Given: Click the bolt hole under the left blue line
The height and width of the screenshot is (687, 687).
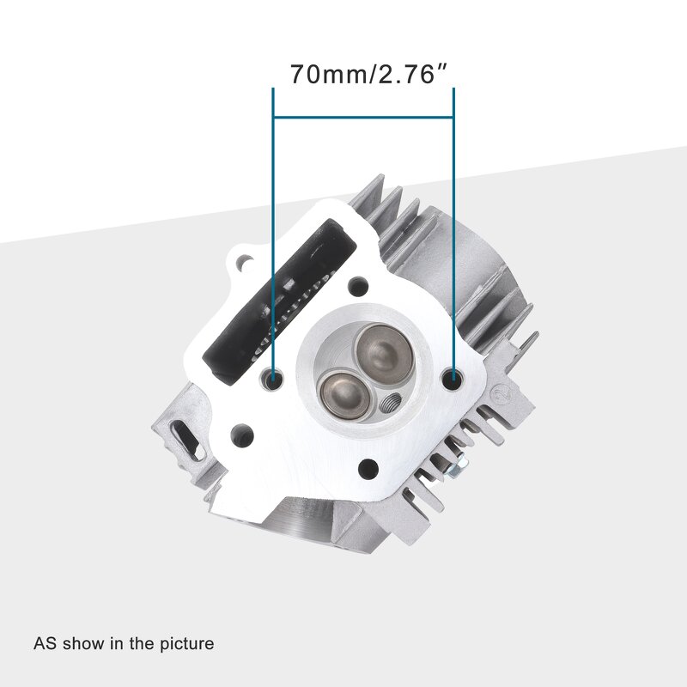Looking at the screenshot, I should [274, 378].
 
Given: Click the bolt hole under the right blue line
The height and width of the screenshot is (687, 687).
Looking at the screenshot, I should [453, 375].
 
